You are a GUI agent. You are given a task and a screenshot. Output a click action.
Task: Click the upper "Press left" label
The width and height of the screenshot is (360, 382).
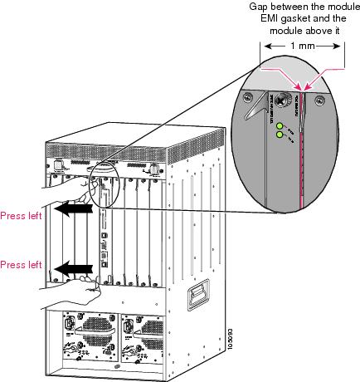[x=22, y=210]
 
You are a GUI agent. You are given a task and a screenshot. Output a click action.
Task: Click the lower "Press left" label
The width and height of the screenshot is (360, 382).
[x=22, y=266]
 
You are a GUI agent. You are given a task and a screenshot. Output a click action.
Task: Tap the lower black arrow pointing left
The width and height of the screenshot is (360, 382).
[x=72, y=269]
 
